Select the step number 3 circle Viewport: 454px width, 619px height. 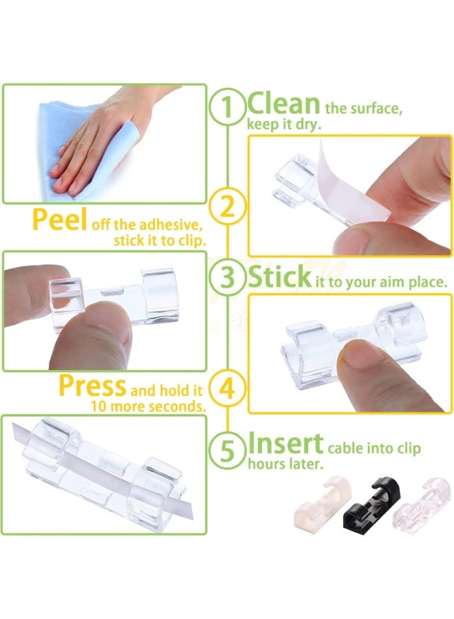pyautogui.click(x=228, y=279)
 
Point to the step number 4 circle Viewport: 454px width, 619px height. pyautogui.click(x=228, y=388)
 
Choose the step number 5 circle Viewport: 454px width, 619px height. pyautogui.click(x=228, y=450)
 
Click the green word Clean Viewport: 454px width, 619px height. pyautogui.click(x=283, y=104)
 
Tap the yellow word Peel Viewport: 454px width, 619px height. pyautogui.click(x=59, y=219)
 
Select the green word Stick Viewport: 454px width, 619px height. pyautogui.click(x=279, y=277)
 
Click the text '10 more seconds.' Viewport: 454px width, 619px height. pyautogui.click(x=148, y=406)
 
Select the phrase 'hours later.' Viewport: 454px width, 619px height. pyautogui.click(x=284, y=464)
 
